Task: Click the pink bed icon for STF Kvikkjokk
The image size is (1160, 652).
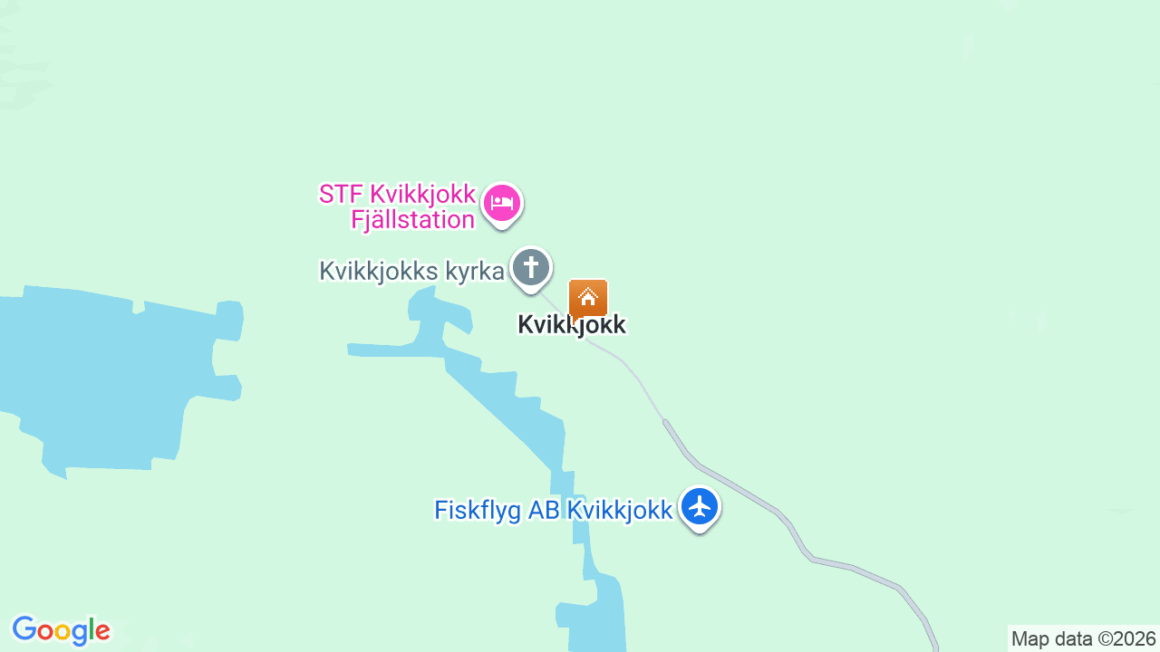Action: click(502, 203)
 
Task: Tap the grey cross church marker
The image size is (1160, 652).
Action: click(530, 268)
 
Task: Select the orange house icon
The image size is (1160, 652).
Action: click(588, 298)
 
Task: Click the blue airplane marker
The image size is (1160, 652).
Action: click(699, 507)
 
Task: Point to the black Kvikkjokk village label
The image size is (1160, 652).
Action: click(571, 324)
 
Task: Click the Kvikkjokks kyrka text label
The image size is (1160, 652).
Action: click(411, 271)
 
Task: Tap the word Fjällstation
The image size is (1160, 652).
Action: click(412, 220)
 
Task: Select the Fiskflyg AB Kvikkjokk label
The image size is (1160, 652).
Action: click(553, 510)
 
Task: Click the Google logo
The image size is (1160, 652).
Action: click(61, 630)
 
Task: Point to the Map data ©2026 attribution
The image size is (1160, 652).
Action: click(1084, 638)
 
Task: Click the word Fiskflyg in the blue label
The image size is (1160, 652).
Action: click(478, 510)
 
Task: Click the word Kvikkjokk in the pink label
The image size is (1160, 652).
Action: click(422, 194)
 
